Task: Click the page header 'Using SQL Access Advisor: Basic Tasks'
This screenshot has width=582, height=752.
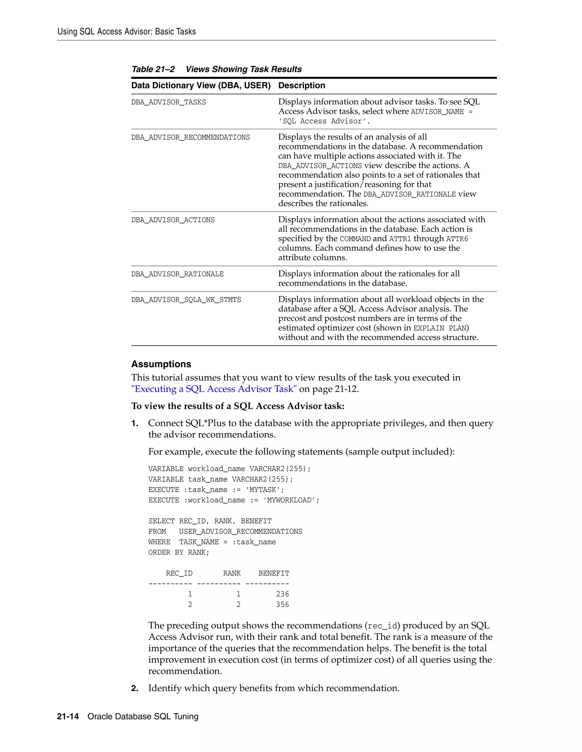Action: click(x=126, y=32)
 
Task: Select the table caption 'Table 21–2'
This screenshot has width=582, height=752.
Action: click(x=153, y=69)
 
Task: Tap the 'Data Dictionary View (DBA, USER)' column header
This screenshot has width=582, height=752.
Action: click(x=201, y=85)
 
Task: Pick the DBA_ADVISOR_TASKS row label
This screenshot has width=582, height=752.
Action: click(x=169, y=102)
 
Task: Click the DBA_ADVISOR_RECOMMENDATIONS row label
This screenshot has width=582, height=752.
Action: click(x=190, y=137)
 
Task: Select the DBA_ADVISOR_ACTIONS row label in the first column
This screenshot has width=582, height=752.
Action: click(x=173, y=220)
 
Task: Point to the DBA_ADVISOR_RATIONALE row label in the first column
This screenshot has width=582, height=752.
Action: click(x=177, y=274)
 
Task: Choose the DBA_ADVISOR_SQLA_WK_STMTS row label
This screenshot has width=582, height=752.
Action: click(x=186, y=300)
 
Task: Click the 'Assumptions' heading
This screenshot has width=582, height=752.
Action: click(x=161, y=364)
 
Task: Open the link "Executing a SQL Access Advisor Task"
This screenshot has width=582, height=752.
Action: click(x=214, y=389)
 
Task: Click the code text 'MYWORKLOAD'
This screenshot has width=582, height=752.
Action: click(x=291, y=500)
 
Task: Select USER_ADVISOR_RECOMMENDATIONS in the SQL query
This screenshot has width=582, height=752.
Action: click(x=240, y=532)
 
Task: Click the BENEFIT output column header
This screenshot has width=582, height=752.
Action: click(x=274, y=573)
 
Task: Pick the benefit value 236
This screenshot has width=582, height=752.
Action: click(x=282, y=594)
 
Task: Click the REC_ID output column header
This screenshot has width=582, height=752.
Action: click(x=179, y=573)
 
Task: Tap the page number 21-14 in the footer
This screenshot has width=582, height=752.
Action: click(x=68, y=717)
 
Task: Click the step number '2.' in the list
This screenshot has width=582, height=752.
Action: click(x=135, y=688)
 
